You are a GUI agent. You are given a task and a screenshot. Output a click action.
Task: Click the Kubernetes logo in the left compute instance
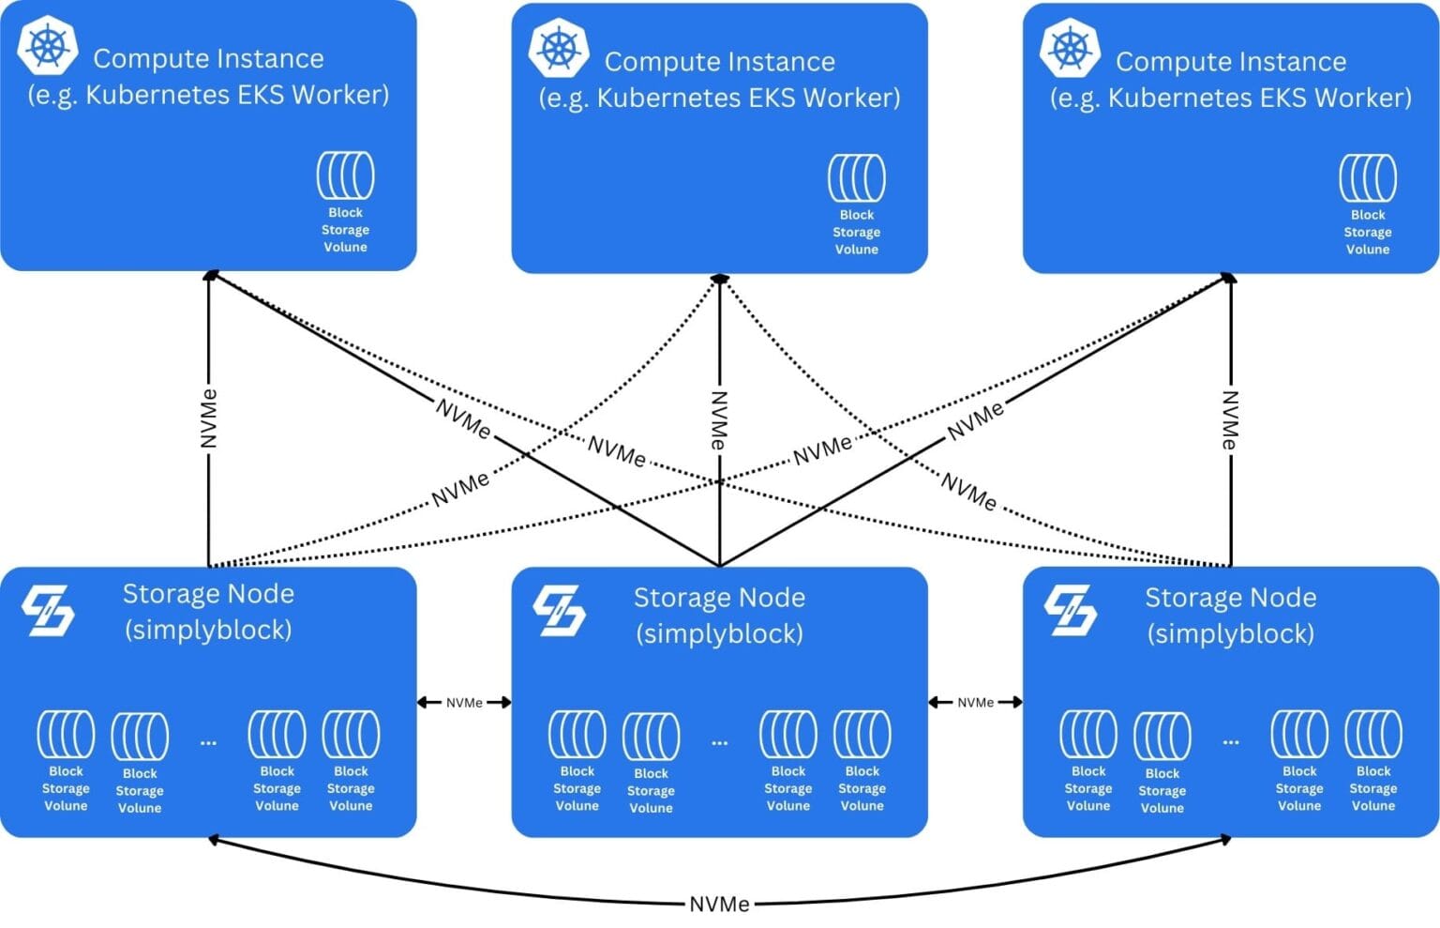pyautogui.click(x=48, y=45)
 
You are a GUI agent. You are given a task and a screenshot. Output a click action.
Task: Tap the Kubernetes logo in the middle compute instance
pyautogui.click(x=559, y=48)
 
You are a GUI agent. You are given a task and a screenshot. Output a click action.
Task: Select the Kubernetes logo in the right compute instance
pyautogui.click(x=1070, y=48)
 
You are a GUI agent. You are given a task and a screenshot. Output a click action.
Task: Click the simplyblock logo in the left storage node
pyautogui.click(x=48, y=611)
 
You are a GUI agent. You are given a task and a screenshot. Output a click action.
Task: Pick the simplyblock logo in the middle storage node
pyautogui.click(x=559, y=611)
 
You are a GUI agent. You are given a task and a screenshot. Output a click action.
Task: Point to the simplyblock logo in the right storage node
pyautogui.click(x=1070, y=611)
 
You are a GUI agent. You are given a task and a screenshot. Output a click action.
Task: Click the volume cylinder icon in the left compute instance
pyautogui.click(x=346, y=176)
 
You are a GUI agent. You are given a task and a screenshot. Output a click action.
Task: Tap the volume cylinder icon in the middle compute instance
pyautogui.click(x=857, y=178)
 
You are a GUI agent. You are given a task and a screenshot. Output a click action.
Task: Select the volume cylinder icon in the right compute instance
pyautogui.click(x=1368, y=178)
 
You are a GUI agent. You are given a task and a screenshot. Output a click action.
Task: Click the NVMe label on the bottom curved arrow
pyautogui.click(x=719, y=905)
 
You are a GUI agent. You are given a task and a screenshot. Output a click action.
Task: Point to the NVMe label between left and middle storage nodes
pyautogui.click(x=464, y=703)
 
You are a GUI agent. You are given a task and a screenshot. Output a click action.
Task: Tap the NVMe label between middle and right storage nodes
pyautogui.click(x=975, y=703)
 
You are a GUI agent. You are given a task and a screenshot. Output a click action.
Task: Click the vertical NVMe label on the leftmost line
pyautogui.click(x=209, y=418)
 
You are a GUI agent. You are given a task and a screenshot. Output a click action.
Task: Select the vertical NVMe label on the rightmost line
pyautogui.click(x=1230, y=419)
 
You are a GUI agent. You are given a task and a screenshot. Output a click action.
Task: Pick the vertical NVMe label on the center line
pyautogui.click(x=719, y=419)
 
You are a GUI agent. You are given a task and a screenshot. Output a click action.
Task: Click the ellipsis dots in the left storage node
pyautogui.click(x=208, y=742)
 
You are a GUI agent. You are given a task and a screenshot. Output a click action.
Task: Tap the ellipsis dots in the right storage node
pyautogui.click(x=1230, y=742)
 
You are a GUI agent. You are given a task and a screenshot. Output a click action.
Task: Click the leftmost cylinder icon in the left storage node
pyautogui.click(x=66, y=734)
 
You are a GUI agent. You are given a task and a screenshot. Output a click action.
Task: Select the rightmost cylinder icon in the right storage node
pyautogui.click(x=1373, y=734)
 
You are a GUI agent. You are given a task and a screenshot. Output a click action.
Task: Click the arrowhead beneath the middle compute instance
pyautogui.click(x=719, y=279)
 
